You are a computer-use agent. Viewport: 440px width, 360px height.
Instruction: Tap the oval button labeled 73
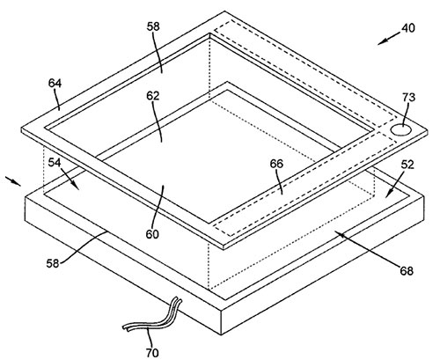[400, 129]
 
